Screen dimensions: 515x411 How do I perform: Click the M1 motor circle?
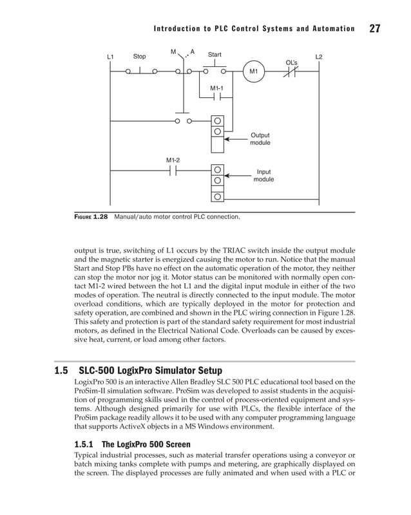pos(254,71)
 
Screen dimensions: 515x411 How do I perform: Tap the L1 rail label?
pos(110,57)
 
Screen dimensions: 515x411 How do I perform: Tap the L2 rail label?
pos(318,57)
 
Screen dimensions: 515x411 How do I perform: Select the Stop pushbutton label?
pos(139,57)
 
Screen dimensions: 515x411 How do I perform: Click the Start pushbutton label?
pos(215,55)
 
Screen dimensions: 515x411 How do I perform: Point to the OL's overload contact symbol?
pos(291,71)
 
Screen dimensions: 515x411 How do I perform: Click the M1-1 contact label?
pos(216,88)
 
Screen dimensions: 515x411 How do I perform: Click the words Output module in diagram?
pos(260,139)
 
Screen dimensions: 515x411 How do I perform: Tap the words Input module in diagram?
pos(263,176)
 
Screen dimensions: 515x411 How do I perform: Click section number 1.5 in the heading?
pos(62,371)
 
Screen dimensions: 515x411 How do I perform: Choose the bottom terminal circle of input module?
pos(218,196)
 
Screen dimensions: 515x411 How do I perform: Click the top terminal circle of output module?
pos(218,120)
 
